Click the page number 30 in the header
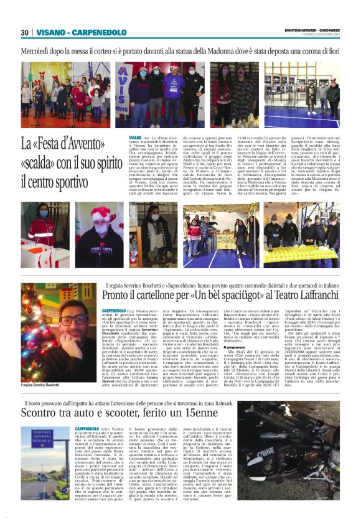point(24,32)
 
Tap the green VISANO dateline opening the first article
point(135,137)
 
